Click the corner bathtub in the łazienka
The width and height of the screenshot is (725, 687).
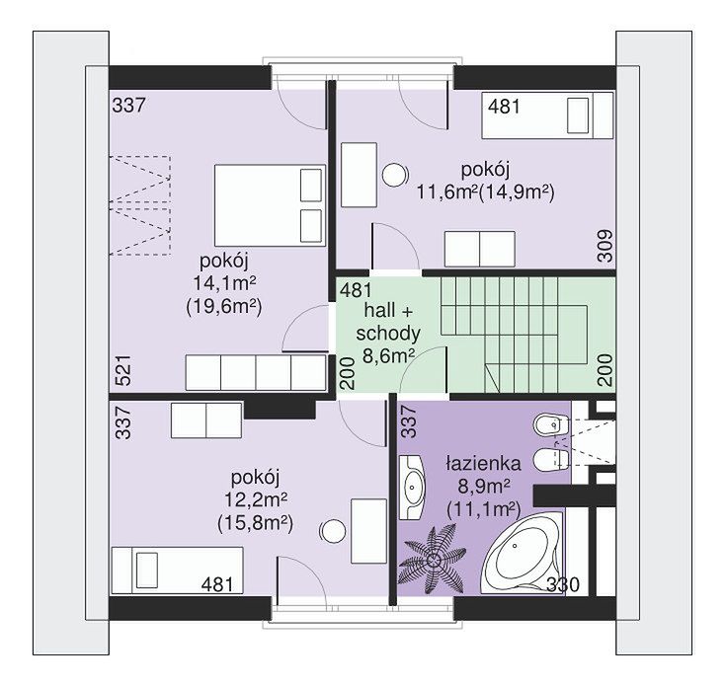pos(523,553)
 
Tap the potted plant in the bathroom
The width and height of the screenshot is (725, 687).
pos(433,560)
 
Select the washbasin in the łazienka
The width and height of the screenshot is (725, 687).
pos(413,487)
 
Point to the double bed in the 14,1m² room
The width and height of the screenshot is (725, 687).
pos(270,205)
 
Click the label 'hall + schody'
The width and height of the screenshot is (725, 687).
pos(388,322)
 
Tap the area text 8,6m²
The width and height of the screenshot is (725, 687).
pos(388,356)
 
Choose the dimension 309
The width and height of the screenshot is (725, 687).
pos(605,246)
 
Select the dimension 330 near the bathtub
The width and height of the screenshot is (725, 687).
pos(563,585)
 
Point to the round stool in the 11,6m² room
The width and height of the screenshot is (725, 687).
pos(395,176)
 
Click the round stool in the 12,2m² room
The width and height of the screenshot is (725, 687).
pos(333,531)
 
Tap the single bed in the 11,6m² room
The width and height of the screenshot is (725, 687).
pos(547,115)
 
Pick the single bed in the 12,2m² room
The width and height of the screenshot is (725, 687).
pos(177,570)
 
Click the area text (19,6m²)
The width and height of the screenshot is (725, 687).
pos(224,307)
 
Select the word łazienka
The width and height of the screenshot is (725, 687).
pos(483,463)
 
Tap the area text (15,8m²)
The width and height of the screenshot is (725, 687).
pos(255,523)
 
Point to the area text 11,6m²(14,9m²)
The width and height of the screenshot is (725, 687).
pos(486,191)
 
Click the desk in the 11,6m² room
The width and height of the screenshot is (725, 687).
pos(359,175)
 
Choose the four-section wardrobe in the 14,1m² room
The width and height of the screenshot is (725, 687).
pos(256,372)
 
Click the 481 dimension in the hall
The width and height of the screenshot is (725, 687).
pos(356,290)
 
